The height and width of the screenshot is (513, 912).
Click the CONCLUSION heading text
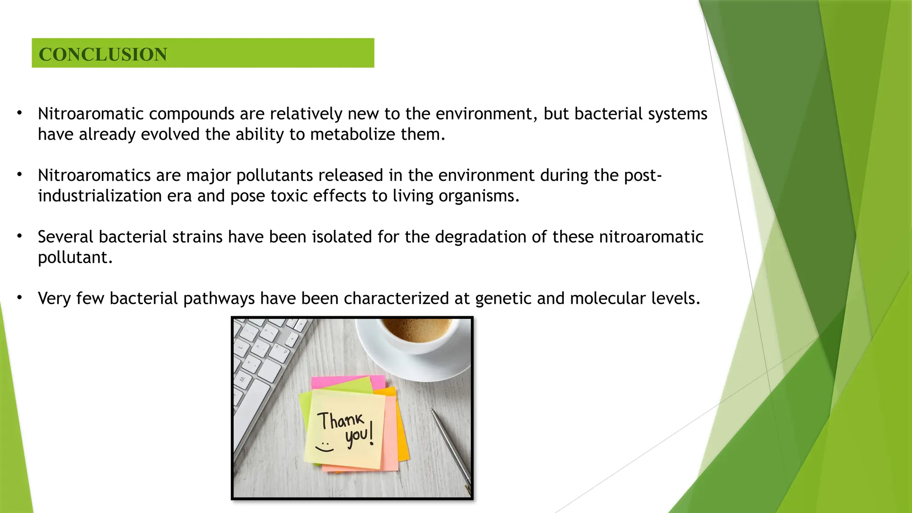pyautogui.click(x=103, y=54)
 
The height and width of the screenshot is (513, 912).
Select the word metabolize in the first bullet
pyautogui.click(x=352, y=134)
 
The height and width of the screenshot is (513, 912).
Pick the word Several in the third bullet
pyautogui.click(x=65, y=237)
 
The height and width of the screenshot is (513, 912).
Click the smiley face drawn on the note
pyautogui.click(x=325, y=447)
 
